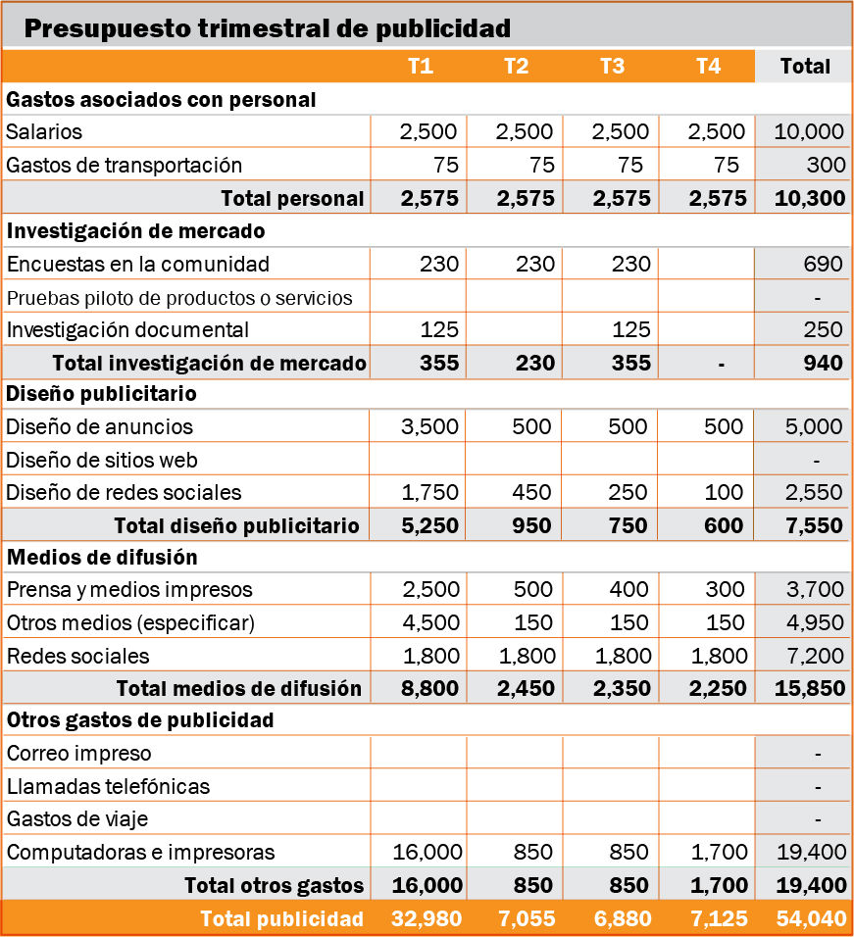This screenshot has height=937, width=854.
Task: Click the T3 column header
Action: coord(612,66)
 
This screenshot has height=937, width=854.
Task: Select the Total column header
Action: coord(805,66)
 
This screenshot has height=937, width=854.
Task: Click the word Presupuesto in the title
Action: coord(107,28)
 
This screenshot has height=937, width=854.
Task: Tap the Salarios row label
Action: coord(43,131)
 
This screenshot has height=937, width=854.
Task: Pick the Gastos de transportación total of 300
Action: coord(826,165)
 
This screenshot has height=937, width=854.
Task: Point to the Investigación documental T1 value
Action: coord(439,329)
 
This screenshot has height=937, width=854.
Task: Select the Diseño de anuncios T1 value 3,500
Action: coord(429,426)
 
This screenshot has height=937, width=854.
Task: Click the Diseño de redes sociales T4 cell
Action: coord(724,492)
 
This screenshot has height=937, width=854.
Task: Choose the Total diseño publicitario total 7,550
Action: coord(814,525)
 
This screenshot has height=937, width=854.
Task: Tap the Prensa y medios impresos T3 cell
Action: coord(628,589)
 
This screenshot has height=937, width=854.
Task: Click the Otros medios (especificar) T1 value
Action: coord(430,622)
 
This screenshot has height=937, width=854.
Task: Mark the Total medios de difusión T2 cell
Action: coord(526,688)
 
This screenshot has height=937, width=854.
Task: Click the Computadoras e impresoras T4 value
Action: coord(719,852)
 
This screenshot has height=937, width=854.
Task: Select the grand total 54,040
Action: coord(811,918)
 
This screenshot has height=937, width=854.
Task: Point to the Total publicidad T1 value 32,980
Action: coord(427,918)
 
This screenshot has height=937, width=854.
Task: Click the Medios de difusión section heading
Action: coord(102,557)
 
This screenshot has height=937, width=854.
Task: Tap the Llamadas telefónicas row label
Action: coord(108,786)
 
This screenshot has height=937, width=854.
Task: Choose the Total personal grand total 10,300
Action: coord(810,198)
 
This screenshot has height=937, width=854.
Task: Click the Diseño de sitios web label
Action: coord(102,460)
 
